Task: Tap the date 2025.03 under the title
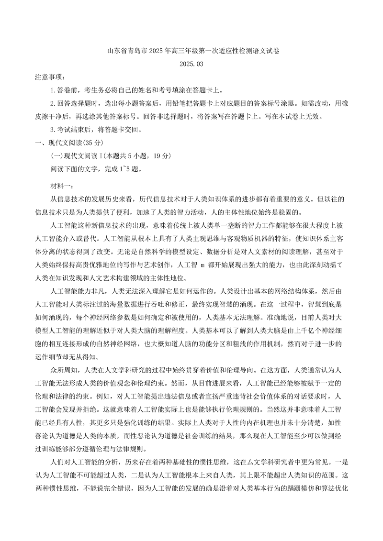(x=191, y=64)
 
